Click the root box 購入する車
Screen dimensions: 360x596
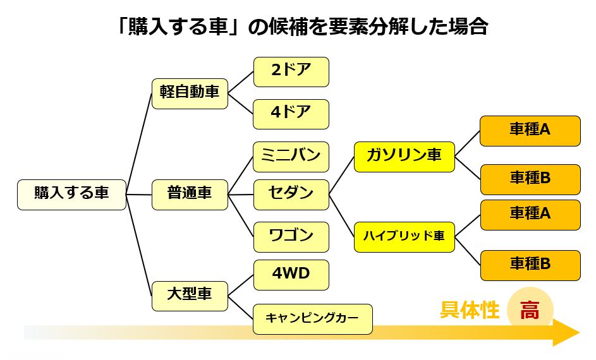coord(71,194)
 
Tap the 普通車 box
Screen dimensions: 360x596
coord(190,194)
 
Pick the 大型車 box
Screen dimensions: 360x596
coord(190,295)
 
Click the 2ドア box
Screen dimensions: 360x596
coord(291,71)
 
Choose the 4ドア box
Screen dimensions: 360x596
coord(291,114)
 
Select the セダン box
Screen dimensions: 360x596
coord(291,194)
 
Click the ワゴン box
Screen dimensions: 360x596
coord(291,237)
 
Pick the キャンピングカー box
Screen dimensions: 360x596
coord(312,319)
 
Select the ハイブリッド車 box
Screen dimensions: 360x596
coord(404,237)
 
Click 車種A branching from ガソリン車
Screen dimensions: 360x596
coord(530,131)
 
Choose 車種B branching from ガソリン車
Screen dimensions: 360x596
coord(530,179)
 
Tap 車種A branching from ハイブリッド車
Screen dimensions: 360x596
coord(530,215)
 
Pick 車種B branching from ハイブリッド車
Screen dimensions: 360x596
coord(530,265)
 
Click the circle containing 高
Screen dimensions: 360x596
coord(530,311)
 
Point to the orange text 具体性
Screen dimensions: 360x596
coord(470,311)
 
